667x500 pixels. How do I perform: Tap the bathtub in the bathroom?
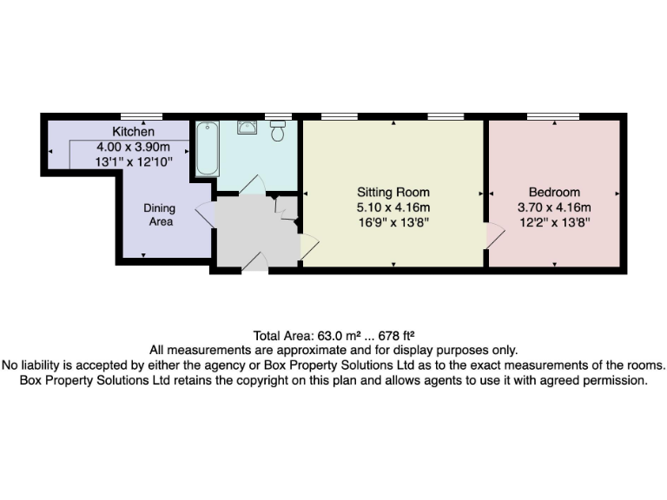pos(206,149)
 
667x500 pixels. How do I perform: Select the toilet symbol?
pos(278,131)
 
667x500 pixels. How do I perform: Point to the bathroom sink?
pos(248,128)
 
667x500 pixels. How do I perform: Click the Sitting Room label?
pos(393,192)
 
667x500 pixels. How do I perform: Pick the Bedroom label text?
pos(554,192)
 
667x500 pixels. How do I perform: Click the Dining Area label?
pos(159,214)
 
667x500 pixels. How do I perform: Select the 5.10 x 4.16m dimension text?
pos(393,207)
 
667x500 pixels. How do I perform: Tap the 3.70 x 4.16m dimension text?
pos(554,207)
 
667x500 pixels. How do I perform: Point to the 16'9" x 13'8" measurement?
pos(393,222)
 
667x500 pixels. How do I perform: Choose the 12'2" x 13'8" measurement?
pos(554,222)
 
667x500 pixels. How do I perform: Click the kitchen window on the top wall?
pos(141,116)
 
